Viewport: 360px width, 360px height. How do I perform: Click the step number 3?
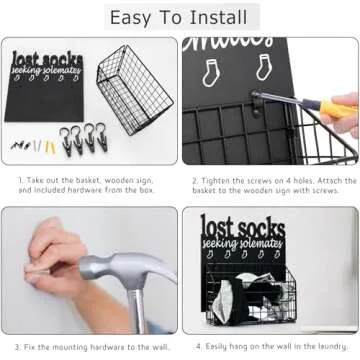point(20,345)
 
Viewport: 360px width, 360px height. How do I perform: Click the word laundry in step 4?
point(326,345)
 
